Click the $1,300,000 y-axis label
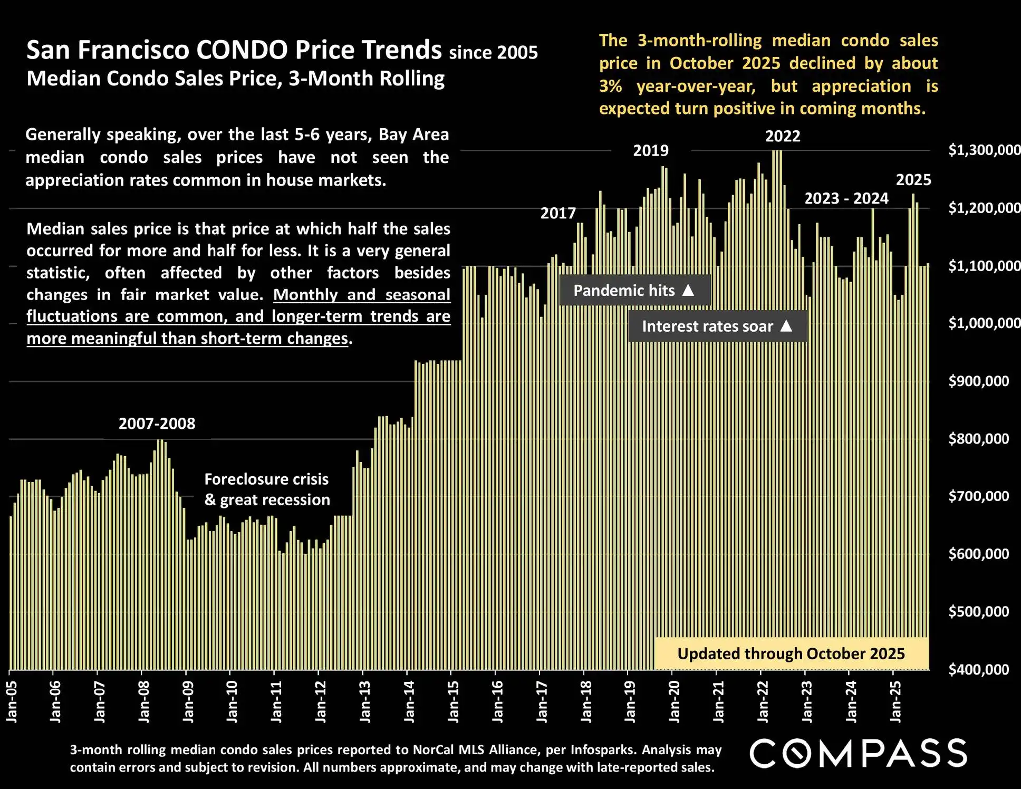tap(984, 150)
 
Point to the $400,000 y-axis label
tap(978, 670)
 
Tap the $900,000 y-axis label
tap(978, 381)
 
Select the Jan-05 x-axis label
tap(12, 701)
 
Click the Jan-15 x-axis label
tap(454, 701)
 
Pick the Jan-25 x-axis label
tap(896, 701)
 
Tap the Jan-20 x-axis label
tap(675, 701)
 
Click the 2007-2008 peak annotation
tap(157, 424)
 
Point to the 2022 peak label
tap(783, 137)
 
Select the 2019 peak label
tap(651, 151)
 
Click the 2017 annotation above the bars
tap(558, 213)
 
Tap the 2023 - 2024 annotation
tap(846, 199)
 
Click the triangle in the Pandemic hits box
tap(688, 290)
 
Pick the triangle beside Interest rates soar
tap(786, 326)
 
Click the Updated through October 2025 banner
tap(791, 654)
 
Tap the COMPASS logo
tap(858, 753)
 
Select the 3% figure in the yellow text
tap(610, 86)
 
